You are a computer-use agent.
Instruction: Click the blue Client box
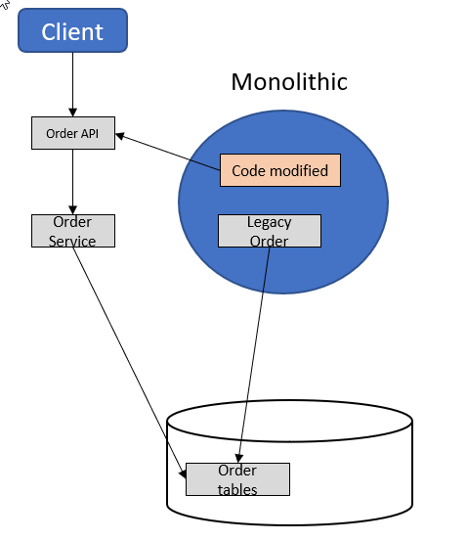click(x=72, y=30)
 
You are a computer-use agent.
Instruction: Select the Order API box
click(x=73, y=133)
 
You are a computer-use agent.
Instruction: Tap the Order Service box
click(x=73, y=231)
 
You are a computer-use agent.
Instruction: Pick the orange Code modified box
click(x=280, y=170)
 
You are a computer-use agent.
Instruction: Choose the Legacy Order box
click(x=270, y=231)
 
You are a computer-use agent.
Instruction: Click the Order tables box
click(x=237, y=479)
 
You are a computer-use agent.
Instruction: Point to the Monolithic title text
click(x=289, y=82)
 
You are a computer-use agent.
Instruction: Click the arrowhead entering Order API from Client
click(x=72, y=113)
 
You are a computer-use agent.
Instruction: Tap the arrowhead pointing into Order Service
click(x=72, y=210)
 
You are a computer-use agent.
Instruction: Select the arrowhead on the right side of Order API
click(x=119, y=136)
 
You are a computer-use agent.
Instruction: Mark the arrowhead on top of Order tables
click(x=238, y=459)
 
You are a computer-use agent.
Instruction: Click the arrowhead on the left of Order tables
click(x=183, y=473)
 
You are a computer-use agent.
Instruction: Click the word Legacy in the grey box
click(x=270, y=222)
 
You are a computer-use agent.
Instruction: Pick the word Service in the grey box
click(x=72, y=242)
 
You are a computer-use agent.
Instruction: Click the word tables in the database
click(x=237, y=489)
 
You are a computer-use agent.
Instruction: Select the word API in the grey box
click(x=90, y=133)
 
